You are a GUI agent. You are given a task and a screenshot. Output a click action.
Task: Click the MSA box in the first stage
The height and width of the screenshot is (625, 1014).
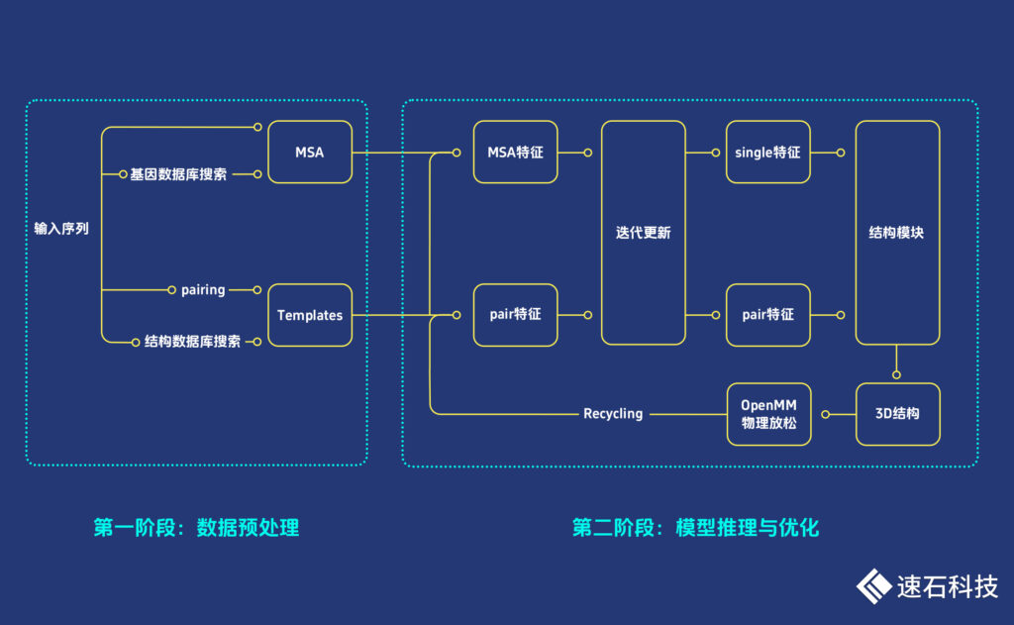(310, 152)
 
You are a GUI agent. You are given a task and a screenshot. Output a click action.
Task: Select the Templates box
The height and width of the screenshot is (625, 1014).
(310, 315)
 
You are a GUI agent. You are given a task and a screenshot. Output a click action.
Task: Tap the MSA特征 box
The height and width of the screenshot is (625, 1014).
(515, 152)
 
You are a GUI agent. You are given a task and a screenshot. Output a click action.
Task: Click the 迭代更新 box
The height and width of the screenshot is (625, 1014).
(643, 233)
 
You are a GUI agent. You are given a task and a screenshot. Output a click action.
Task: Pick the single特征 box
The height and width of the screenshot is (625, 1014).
(767, 152)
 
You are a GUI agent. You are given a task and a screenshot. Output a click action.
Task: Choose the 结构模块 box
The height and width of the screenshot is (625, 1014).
(897, 233)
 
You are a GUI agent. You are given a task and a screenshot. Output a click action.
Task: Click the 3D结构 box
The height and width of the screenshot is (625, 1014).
(897, 413)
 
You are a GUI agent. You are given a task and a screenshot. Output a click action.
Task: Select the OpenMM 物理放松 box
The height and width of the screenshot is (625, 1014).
(768, 413)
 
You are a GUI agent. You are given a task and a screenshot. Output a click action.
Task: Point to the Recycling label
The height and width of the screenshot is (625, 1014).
(613, 413)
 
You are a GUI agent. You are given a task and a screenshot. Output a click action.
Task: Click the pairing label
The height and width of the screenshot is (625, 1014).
(203, 290)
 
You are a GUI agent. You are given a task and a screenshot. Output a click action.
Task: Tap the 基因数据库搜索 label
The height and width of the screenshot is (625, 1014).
(178, 174)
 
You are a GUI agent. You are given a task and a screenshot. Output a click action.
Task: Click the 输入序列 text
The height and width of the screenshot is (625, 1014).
(61, 229)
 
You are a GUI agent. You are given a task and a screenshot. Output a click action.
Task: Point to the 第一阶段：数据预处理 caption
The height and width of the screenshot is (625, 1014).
(196, 527)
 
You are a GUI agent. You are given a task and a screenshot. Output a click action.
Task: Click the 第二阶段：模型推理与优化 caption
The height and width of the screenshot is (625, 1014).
(695, 527)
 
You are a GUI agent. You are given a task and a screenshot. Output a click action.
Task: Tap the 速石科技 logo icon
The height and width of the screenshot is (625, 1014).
(873, 585)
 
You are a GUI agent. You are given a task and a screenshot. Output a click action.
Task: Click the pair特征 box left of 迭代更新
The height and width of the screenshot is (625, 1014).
(515, 315)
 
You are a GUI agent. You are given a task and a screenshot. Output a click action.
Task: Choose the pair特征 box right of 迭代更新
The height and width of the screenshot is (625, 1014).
(767, 315)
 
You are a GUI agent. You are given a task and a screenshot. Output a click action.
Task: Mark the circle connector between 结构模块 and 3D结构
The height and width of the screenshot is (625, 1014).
(897, 374)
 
